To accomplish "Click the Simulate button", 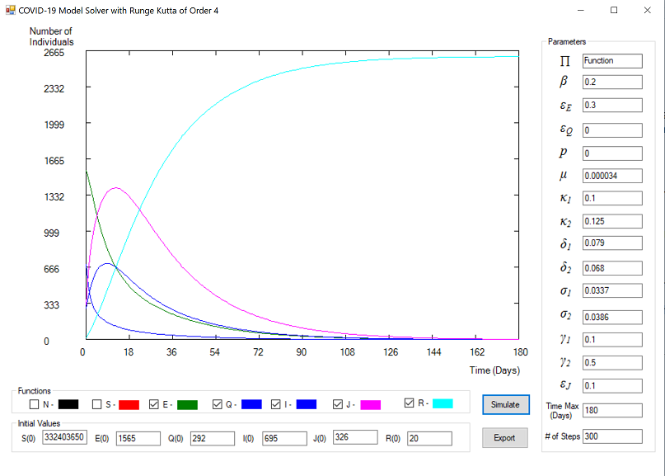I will (x=506, y=404).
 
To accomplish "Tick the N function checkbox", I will (x=34, y=404).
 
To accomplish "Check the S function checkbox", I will (x=97, y=404).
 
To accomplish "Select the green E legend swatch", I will (x=188, y=404).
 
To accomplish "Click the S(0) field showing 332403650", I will (x=64, y=438).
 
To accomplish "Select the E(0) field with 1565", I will (x=138, y=438).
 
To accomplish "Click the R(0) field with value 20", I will (x=429, y=438).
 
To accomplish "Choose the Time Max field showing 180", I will (x=611, y=410).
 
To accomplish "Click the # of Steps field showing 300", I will (x=611, y=436).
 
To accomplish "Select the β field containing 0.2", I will (x=611, y=82).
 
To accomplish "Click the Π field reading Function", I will (x=611, y=60).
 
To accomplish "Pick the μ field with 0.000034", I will (x=611, y=176).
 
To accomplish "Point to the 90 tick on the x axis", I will (x=302, y=352).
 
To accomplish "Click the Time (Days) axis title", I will (x=494, y=370).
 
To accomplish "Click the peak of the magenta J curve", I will (x=116, y=188).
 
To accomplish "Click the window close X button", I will (x=647, y=10).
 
